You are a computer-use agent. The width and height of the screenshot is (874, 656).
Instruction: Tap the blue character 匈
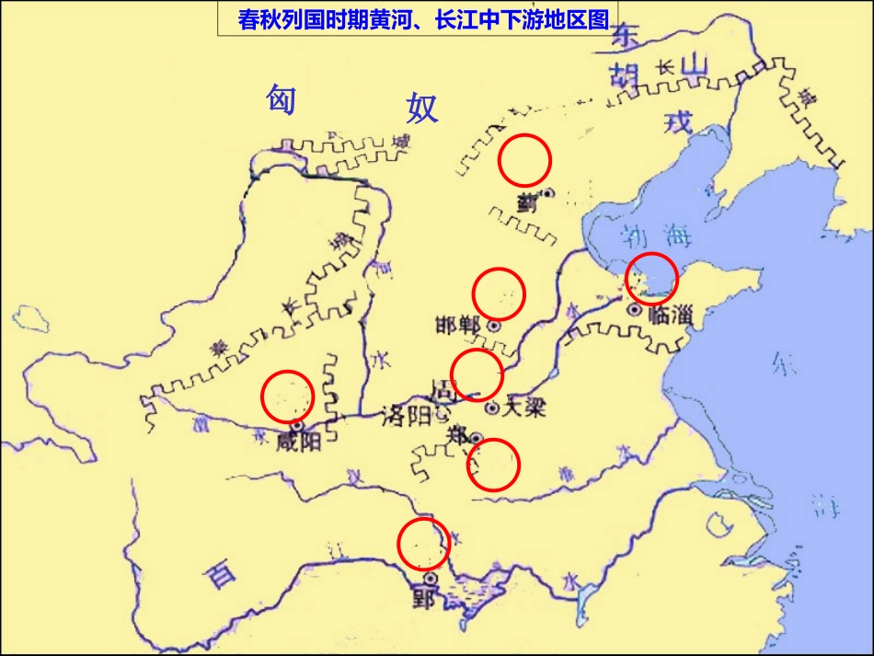tap(281, 98)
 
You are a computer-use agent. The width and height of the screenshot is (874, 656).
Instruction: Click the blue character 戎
tap(676, 120)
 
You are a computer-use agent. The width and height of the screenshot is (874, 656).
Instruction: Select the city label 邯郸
tap(459, 326)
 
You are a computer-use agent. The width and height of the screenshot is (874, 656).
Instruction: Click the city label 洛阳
tap(406, 416)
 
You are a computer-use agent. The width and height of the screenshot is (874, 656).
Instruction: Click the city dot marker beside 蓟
tap(547, 193)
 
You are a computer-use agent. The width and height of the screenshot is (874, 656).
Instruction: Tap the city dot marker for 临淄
tap(634, 310)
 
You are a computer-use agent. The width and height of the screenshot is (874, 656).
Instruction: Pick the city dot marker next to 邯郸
tap(493, 326)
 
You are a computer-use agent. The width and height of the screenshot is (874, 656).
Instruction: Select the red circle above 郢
tap(423, 544)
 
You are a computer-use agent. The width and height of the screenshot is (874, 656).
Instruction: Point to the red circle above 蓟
tap(524, 161)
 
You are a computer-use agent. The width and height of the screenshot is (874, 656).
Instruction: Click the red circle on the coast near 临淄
tap(651, 278)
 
